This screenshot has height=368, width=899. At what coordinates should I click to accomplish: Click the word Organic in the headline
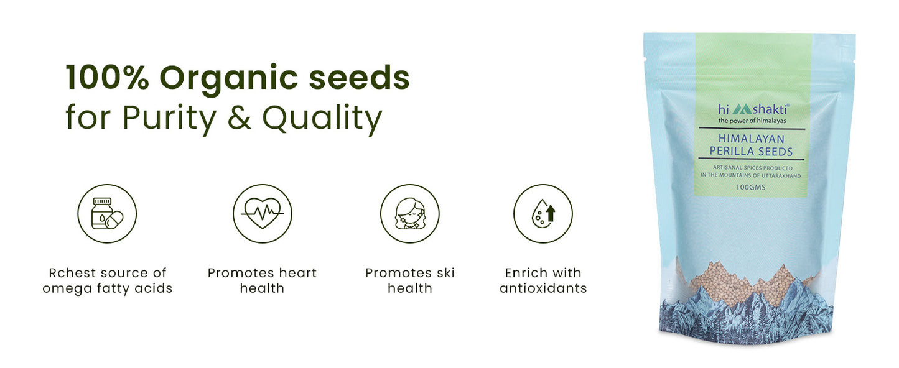coord(229,79)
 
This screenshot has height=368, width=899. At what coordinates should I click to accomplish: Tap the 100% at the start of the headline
coord(108,77)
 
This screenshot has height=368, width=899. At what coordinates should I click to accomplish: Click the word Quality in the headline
coord(322,119)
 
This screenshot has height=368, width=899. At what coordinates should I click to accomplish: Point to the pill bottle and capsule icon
coord(107,214)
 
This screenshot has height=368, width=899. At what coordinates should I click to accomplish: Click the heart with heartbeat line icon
coord(263,214)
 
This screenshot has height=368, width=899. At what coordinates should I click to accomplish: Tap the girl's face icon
coord(410,214)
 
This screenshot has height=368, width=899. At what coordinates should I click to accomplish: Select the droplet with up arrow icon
coord(543,214)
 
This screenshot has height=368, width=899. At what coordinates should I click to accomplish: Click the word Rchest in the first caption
coord(73,273)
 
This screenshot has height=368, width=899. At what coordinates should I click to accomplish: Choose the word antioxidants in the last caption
coord(543,288)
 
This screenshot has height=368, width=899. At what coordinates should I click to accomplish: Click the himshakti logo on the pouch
coord(753,109)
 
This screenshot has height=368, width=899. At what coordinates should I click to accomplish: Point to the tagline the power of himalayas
coord(752,121)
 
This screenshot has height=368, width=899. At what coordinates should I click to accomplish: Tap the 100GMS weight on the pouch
coord(750,187)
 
